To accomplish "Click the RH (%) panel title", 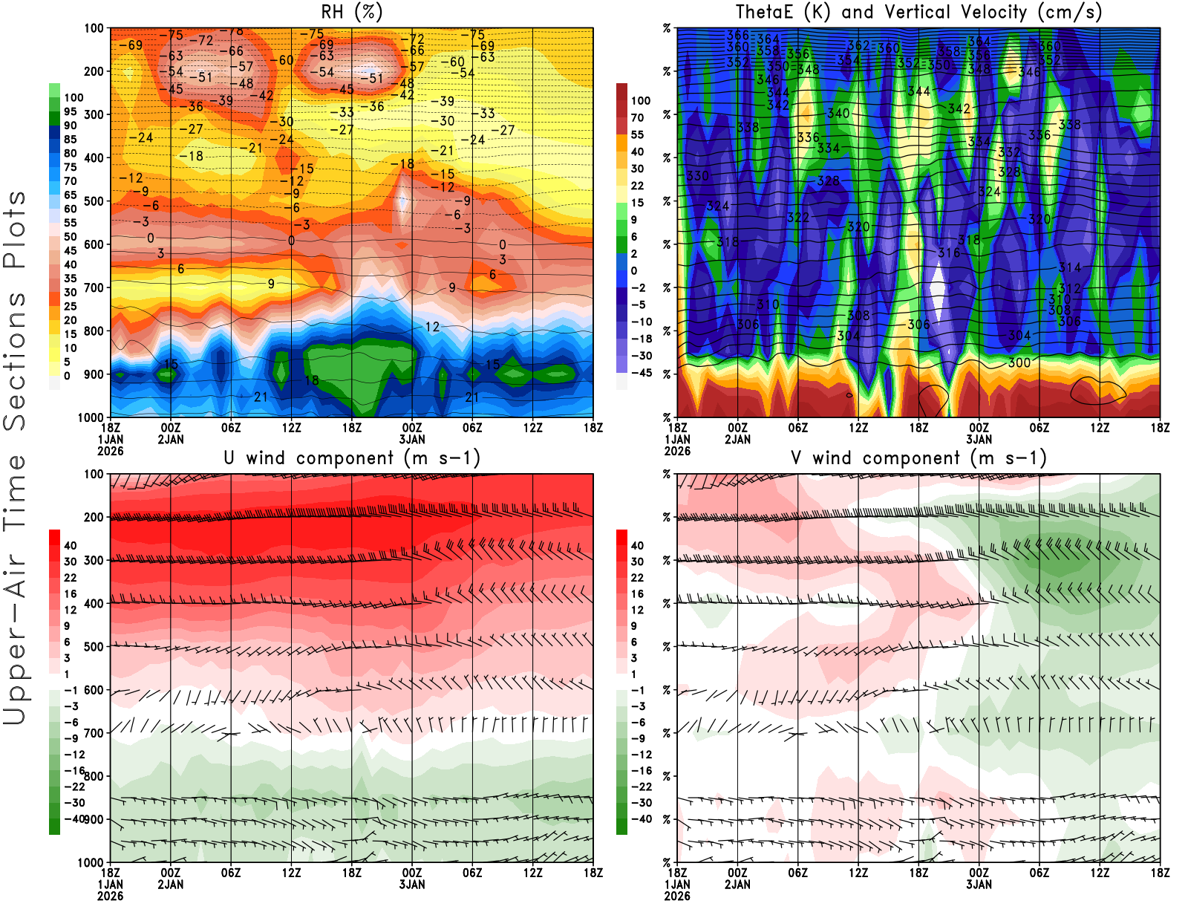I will [351, 12].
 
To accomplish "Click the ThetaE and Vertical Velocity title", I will [918, 12].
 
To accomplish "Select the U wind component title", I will [351, 458].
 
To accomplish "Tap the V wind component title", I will [918, 458].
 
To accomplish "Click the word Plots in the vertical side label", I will [15, 229].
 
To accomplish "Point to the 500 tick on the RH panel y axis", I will [94, 201].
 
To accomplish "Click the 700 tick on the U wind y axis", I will [94, 733].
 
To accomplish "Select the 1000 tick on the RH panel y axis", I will [91, 417].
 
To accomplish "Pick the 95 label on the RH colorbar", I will [70, 111].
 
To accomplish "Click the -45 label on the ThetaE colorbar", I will [641, 373].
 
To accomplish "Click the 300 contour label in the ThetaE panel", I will [1019, 362].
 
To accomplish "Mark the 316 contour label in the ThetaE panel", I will [948, 253].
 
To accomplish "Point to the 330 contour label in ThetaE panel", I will [697, 176].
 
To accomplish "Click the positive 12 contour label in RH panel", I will [432, 327].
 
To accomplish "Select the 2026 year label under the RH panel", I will [111, 451].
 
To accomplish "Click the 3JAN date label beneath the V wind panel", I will [979, 885].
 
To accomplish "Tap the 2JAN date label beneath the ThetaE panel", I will [737, 440].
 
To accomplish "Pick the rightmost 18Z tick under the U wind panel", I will [593, 873].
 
